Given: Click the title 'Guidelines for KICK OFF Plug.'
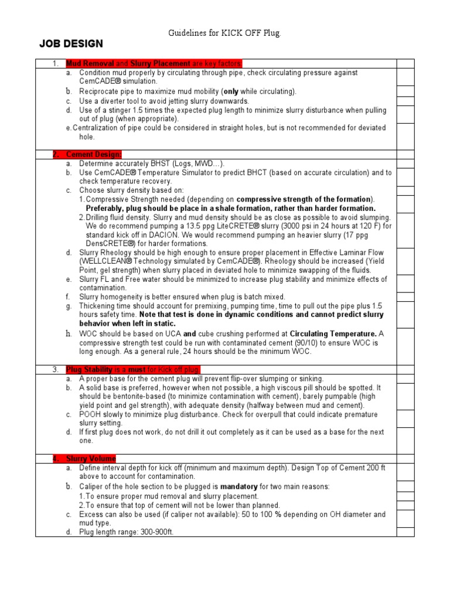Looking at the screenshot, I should click(225, 34).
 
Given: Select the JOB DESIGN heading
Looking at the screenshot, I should click(71, 44).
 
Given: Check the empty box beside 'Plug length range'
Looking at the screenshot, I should click(405, 532).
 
